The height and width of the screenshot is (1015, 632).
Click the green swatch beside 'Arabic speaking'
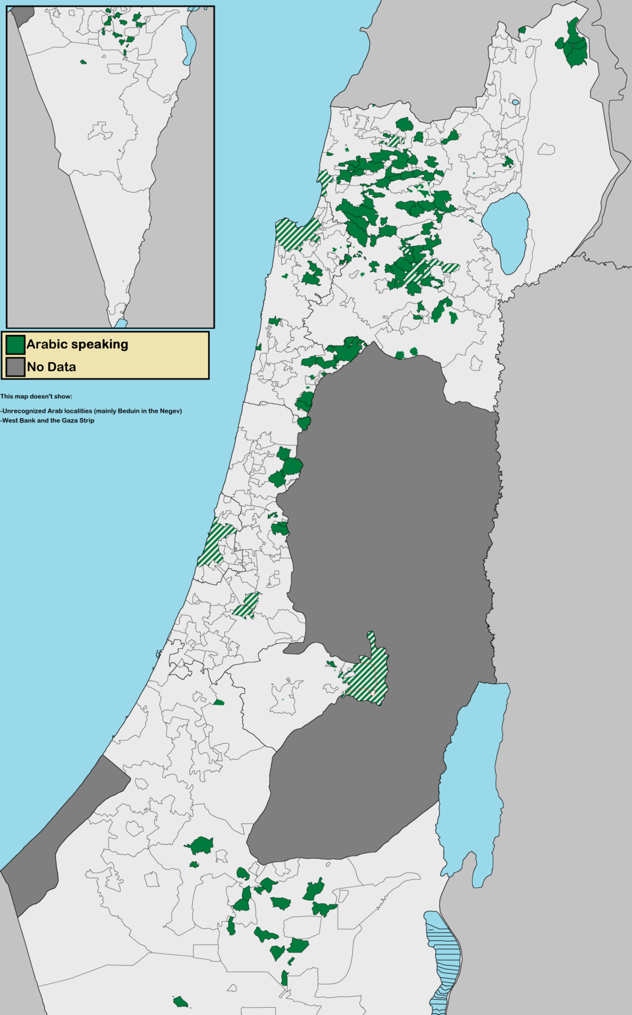tap(16, 344)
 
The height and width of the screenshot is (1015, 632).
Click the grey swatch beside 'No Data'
tap(16, 367)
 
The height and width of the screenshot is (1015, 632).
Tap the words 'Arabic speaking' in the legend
tap(77, 344)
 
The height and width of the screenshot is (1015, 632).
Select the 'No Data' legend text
tap(51, 367)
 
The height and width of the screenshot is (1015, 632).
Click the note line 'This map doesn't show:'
tap(36, 396)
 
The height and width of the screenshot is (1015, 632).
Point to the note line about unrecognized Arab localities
tap(91, 411)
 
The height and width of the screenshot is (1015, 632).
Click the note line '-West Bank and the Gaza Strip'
tap(47, 420)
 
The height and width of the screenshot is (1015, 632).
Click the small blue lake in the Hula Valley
tap(515, 102)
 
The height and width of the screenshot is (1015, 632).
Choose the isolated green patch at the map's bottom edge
tap(180, 1002)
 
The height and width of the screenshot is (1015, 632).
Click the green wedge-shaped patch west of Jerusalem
tap(219, 702)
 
